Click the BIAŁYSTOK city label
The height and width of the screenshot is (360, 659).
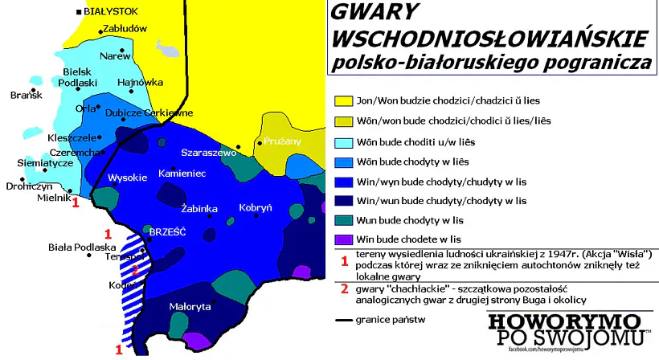[111, 10]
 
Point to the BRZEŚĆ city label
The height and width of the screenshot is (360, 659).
[167, 231]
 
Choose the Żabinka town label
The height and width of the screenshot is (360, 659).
[199, 209]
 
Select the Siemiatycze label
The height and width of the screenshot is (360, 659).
[45, 162]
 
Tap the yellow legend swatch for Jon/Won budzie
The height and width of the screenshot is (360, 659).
[342, 101]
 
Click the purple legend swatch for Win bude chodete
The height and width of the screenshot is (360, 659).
[342, 239]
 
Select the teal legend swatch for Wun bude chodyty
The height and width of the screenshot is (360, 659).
[342, 219]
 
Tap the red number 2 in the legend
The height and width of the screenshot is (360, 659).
[344, 288]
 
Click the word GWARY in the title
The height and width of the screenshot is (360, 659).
[375, 13]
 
